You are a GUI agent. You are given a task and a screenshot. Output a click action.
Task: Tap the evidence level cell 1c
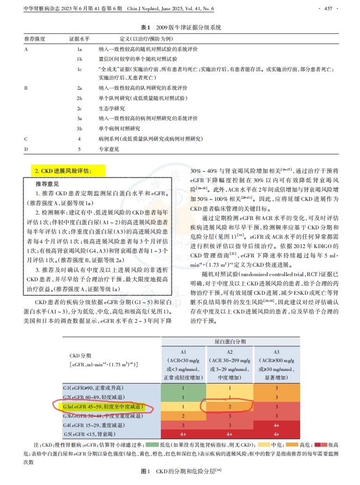point(79,68)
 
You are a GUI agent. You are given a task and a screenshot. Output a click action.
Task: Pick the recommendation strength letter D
point(26,149)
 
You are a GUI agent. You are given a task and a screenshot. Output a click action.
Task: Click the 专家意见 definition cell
point(108,149)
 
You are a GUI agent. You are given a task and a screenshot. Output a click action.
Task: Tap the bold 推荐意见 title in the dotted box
point(47,184)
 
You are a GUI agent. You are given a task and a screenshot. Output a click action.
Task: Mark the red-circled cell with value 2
point(230,407)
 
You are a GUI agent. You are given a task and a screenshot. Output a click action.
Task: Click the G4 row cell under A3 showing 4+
point(277,425)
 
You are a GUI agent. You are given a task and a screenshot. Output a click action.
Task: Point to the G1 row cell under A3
point(277,388)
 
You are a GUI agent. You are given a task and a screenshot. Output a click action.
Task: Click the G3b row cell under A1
point(183,416)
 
